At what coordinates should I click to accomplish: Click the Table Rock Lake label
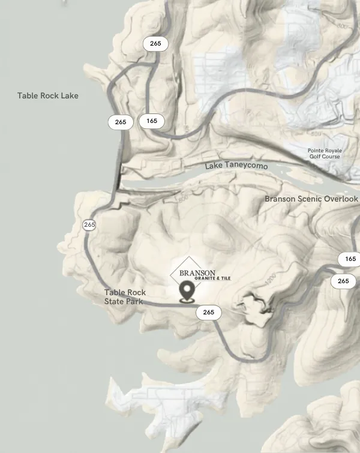(47, 95)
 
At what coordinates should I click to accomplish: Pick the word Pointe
(316, 151)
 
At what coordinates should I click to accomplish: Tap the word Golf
(316, 157)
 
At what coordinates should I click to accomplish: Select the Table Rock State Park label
(125, 297)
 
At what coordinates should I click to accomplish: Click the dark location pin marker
(187, 292)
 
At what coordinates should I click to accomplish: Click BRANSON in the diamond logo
(197, 273)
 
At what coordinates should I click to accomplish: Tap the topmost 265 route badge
(155, 43)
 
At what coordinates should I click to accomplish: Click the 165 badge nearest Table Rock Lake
(152, 121)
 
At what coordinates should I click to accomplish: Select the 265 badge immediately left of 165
(121, 122)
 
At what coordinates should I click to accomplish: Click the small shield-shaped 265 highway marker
(89, 225)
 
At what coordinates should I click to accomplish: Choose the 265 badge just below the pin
(208, 312)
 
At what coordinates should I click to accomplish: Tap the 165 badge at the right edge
(350, 259)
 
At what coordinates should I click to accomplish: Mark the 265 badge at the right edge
(343, 281)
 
